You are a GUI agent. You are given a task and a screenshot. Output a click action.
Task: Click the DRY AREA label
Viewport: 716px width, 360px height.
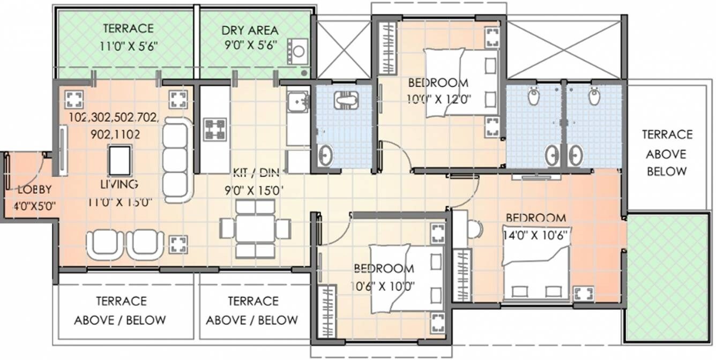[x=249, y=30]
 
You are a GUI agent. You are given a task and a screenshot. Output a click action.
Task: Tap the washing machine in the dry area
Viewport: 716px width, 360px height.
[x=298, y=51]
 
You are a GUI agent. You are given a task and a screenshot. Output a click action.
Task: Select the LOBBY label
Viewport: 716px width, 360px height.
[x=34, y=189]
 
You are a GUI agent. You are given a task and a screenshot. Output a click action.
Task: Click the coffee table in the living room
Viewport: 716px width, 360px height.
[x=120, y=160]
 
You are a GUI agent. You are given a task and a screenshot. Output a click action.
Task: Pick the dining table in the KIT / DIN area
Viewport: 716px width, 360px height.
[x=256, y=228]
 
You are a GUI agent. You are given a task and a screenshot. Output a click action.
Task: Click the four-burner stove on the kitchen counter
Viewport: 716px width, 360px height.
[x=215, y=130]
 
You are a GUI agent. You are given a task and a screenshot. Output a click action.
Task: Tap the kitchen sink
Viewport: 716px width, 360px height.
[x=297, y=101]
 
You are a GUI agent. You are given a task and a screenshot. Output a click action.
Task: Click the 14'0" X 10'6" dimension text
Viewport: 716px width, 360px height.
[x=535, y=234]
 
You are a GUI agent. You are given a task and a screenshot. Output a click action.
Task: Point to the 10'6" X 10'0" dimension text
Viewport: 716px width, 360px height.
[x=384, y=284]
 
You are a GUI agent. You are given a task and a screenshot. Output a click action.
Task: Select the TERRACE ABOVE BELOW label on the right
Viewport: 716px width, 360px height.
[x=667, y=153]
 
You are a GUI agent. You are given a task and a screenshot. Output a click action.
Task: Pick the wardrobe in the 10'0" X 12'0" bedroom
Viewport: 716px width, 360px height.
[x=387, y=48]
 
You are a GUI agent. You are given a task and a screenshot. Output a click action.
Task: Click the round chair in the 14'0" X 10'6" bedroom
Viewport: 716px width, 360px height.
[x=474, y=229]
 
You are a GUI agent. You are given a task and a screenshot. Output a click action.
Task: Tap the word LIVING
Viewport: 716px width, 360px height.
[x=119, y=184]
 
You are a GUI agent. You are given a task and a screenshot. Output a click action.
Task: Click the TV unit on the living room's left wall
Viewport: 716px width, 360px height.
[x=63, y=151]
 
